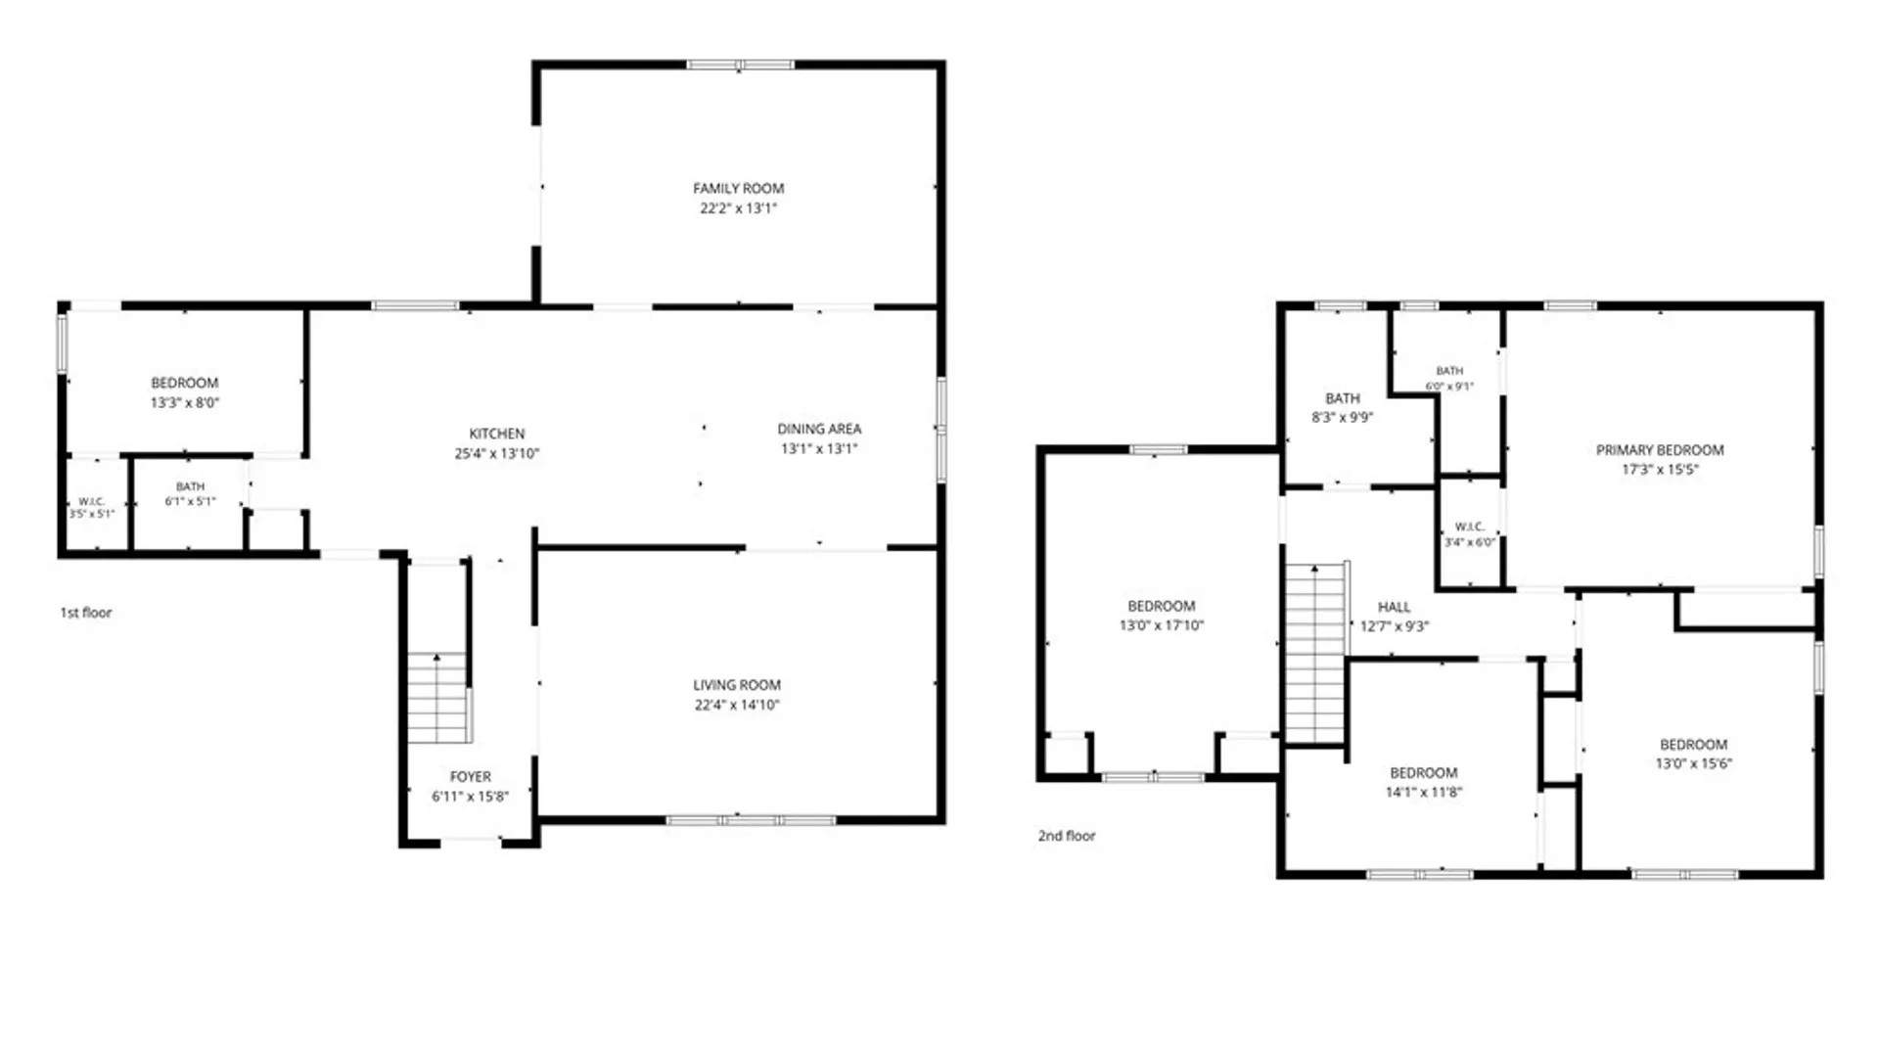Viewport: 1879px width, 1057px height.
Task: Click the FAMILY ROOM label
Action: coord(738,188)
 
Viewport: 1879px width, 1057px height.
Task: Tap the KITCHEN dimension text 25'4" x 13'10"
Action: coord(497,453)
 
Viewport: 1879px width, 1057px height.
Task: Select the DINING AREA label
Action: coord(819,429)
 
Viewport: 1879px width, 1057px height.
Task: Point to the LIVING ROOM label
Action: coord(737,685)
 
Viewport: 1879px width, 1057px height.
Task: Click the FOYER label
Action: coord(471,776)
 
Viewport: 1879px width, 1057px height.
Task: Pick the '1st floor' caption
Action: coord(86,613)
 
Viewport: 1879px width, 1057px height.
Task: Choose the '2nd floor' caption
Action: coord(1067,836)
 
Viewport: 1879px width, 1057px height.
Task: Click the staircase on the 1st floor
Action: coord(438,698)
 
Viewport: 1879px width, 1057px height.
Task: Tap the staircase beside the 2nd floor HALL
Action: coord(1316,654)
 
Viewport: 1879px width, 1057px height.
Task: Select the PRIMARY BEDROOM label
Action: coord(1660,450)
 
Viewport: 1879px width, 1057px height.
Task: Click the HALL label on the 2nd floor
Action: coord(1394,607)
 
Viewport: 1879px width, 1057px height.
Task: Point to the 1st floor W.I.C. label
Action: coord(91,501)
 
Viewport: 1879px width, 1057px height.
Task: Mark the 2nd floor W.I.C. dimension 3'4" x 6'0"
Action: coord(1470,542)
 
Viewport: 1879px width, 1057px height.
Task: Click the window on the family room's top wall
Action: coord(740,66)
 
